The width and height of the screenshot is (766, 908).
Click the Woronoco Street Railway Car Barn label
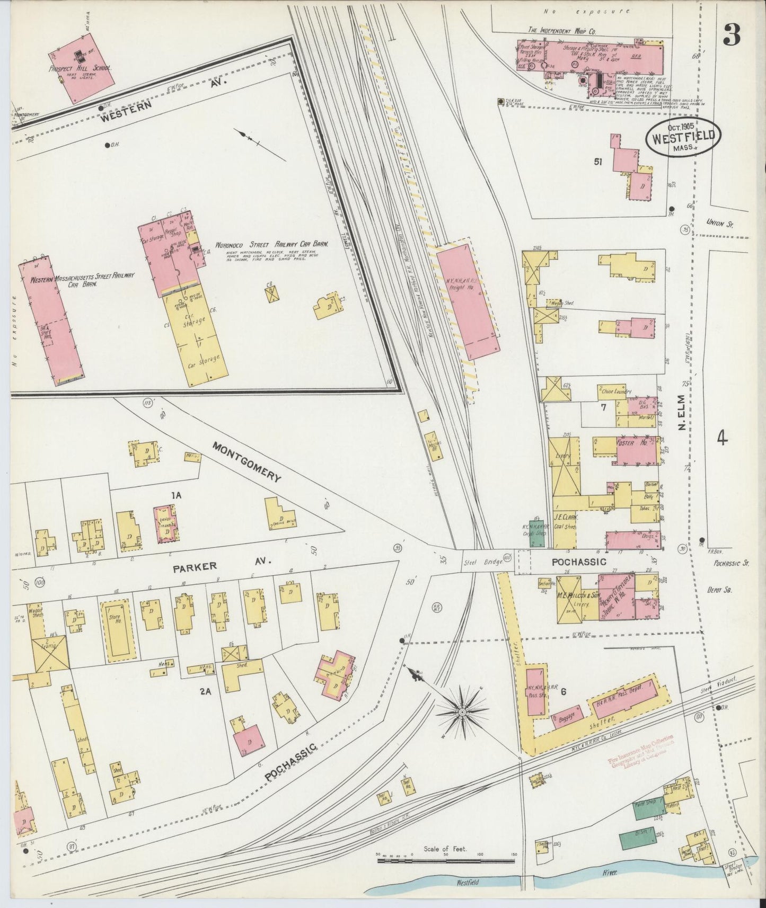[x=271, y=245]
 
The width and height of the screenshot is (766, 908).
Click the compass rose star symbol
[x=462, y=711]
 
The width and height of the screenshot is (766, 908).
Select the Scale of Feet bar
[x=447, y=860]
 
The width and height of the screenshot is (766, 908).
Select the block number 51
[x=598, y=162]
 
